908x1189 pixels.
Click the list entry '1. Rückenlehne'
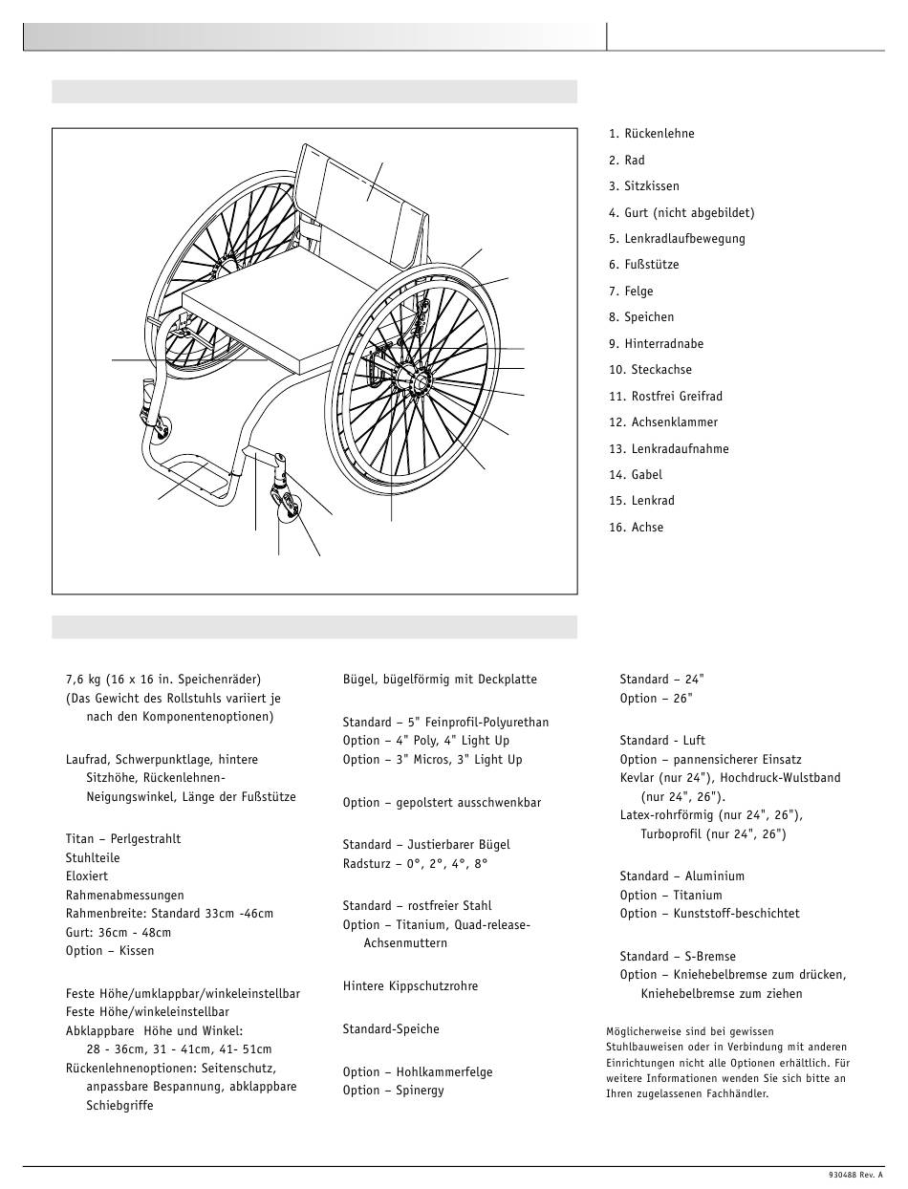(652, 134)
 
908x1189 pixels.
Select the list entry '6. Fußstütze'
(644, 265)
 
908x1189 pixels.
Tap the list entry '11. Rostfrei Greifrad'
(665, 396)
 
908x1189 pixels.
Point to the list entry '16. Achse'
(636, 527)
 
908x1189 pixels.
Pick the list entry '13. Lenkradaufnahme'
(668, 448)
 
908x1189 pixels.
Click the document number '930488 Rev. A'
(855, 1175)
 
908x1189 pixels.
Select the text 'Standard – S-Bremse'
(678, 956)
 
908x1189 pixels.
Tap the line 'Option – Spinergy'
(394, 1091)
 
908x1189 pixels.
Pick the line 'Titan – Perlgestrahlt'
(123, 839)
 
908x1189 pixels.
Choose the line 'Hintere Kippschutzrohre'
(410, 986)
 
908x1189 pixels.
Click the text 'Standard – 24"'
(661, 680)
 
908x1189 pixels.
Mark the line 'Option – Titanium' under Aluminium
(671, 896)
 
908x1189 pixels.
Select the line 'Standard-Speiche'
(391, 1029)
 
